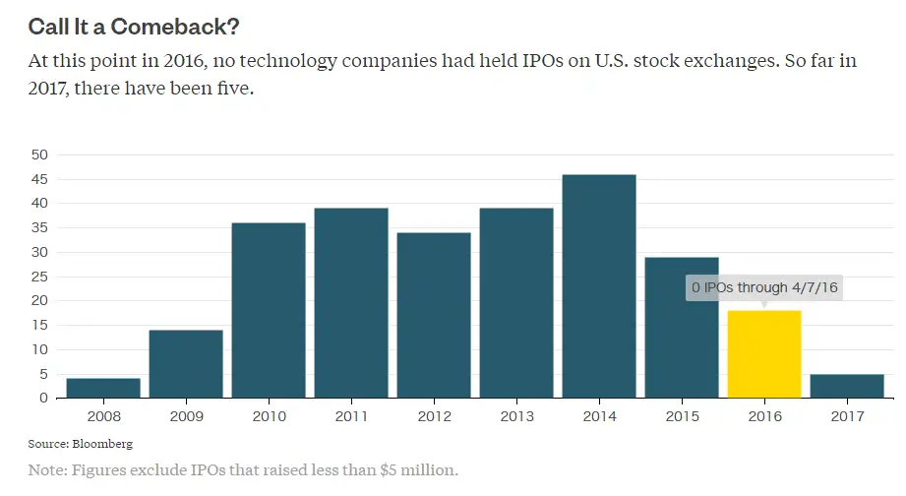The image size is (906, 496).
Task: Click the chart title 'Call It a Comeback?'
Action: [x=134, y=26]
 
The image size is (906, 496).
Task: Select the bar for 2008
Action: [x=103, y=388]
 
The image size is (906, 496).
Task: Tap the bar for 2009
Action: [x=186, y=364]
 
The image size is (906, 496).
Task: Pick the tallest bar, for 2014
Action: [x=599, y=286]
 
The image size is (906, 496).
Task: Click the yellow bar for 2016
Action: [x=764, y=354]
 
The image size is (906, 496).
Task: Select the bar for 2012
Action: [x=434, y=315]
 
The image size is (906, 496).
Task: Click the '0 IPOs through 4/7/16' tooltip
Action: [x=764, y=287]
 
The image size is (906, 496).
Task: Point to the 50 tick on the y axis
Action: [x=40, y=155]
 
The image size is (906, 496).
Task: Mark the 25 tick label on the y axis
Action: [x=40, y=277]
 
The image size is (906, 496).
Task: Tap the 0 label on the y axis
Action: [x=44, y=399]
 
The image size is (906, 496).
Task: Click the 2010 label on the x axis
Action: [x=269, y=417]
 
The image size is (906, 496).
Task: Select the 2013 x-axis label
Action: [x=516, y=417]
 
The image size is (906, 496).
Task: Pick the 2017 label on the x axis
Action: [x=847, y=417]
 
